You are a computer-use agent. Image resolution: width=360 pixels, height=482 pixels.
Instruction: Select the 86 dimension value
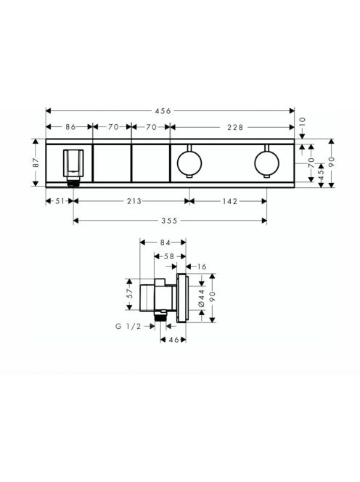point(70,127)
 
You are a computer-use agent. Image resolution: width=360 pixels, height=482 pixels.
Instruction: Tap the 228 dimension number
point(235,127)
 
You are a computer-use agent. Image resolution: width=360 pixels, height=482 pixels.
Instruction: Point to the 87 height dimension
point(36,163)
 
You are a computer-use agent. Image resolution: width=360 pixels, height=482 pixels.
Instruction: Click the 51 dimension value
point(60,201)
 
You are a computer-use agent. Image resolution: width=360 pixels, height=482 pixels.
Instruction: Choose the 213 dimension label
point(134,201)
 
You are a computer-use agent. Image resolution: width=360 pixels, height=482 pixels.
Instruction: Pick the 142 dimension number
point(230,201)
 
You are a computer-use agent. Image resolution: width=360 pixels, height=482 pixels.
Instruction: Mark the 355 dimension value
point(169,221)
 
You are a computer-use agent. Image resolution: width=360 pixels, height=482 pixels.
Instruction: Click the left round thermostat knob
point(189,163)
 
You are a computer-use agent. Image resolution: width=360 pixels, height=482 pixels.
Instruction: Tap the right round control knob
point(267,163)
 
